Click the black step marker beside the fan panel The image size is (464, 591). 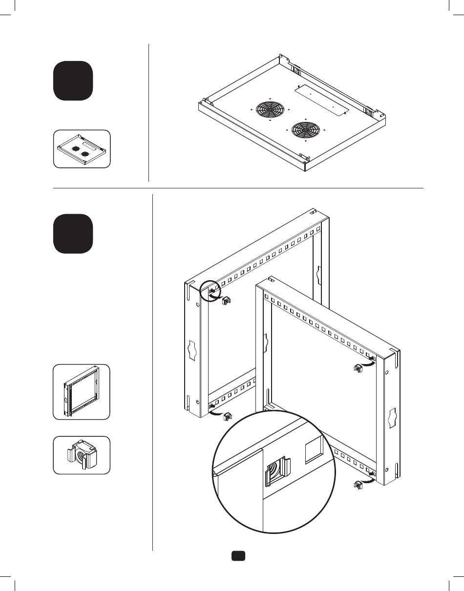coord(73,81)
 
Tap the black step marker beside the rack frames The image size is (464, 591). coord(73,234)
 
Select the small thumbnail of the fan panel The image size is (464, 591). coord(82,149)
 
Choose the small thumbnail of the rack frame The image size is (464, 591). coord(82,391)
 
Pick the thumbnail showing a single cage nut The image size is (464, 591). coord(82,455)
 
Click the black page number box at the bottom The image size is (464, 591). coord(238,556)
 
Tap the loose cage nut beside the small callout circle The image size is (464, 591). coord(226,301)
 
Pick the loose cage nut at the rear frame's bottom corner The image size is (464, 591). coord(227,417)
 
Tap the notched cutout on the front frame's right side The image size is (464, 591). coord(392,418)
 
